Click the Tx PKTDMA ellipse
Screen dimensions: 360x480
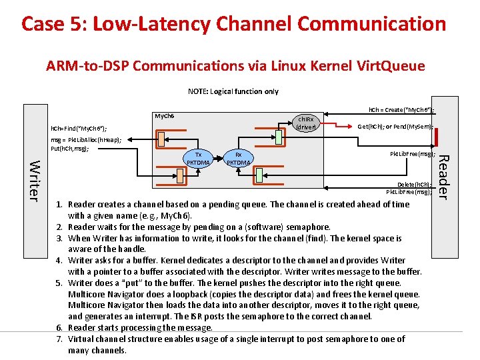(198, 158)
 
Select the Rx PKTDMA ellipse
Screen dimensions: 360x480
(238, 158)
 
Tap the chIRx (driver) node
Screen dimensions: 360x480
(307, 123)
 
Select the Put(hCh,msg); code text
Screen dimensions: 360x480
(74, 149)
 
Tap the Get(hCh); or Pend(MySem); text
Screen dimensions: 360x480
(395, 127)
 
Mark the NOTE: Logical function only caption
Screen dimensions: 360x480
(233, 91)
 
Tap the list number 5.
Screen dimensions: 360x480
(59, 283)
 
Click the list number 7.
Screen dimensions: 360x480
(59, 339)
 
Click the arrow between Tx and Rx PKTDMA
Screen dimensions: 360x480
(218, 158)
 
